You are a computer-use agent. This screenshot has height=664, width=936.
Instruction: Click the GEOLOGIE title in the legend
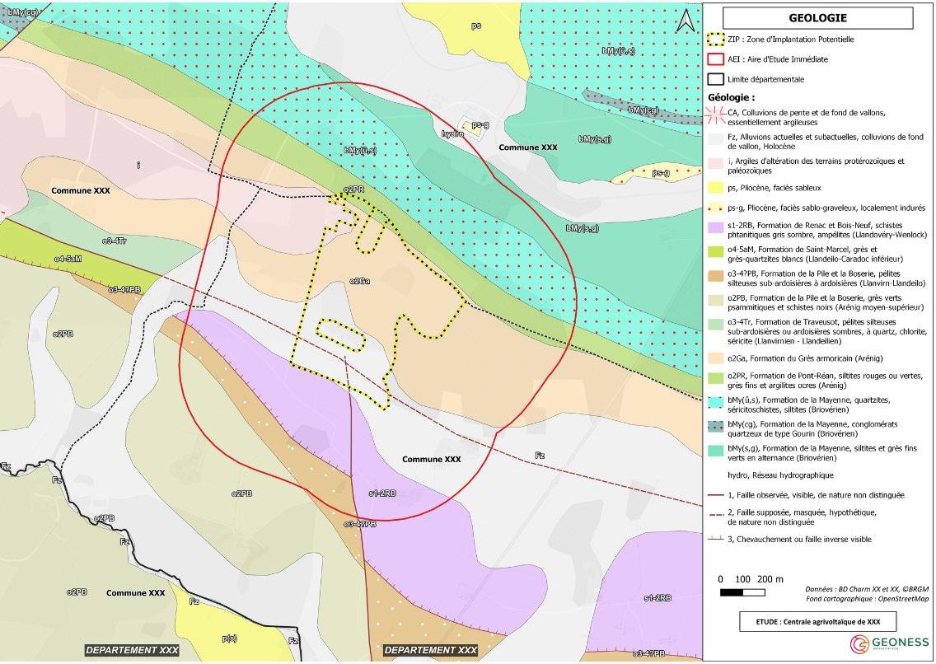[817, 17]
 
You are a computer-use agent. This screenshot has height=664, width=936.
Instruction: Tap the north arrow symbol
[683, 21]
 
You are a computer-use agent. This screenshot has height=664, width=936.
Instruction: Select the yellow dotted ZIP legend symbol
[716, 39]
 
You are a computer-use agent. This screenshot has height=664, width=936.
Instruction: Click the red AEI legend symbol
[716, 59]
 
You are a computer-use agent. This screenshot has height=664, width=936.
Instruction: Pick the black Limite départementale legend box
[716, 79]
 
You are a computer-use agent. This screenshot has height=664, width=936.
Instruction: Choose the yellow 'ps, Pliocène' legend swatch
[716, 188]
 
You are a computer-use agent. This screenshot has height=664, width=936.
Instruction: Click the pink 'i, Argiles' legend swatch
[716, 162]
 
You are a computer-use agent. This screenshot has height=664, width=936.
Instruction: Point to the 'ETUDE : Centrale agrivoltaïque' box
[817, 620]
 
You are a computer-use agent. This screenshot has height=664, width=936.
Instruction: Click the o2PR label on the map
[353, 189]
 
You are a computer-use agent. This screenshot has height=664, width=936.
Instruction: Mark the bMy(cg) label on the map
[643, 110]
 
